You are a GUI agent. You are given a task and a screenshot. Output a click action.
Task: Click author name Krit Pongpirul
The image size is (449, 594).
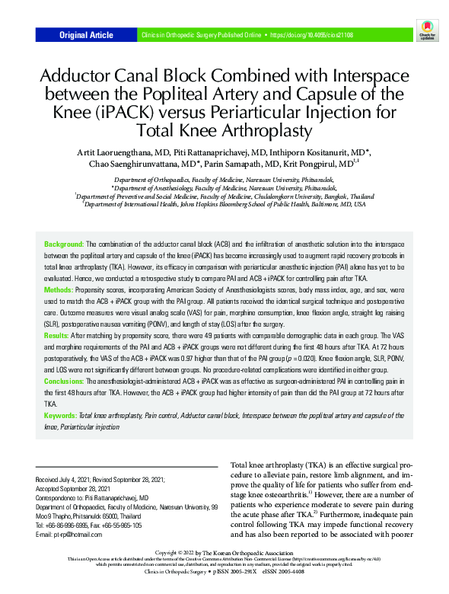pos(320,164)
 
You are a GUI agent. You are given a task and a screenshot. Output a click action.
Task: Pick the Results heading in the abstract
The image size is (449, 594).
pos(58,335)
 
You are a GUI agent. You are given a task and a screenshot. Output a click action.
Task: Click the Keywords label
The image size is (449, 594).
pos(61,416)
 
